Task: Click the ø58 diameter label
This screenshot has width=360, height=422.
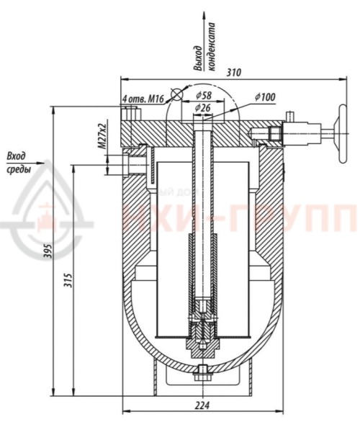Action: pyautogui.click(x=203, y=95)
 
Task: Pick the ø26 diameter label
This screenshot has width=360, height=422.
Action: pyautogui.click(x=203, y=107)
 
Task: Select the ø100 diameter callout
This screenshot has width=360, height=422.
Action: pyautogui.click(x=266, y=97)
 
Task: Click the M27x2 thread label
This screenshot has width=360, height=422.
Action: pyautogui.click(x=102, y=135)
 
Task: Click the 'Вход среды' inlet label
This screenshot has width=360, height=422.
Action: pyautogui.click(x=18, y=163)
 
